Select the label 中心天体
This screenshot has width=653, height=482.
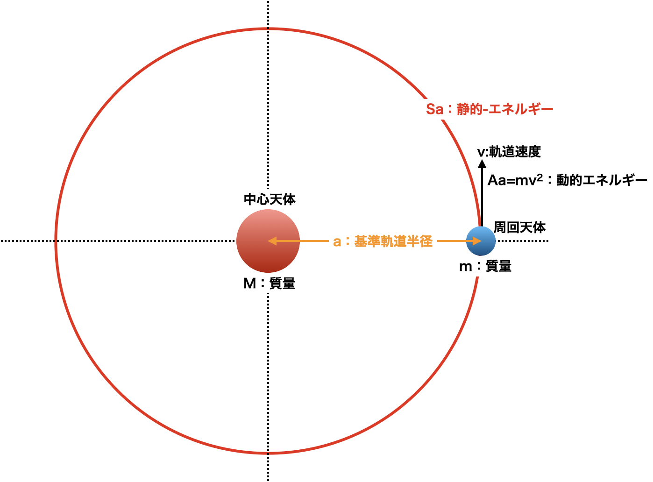tap(270, 199)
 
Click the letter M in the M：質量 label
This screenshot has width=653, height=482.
tap(249, 284)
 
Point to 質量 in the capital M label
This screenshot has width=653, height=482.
tap(282, 284)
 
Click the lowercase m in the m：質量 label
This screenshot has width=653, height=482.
tap(466, 266)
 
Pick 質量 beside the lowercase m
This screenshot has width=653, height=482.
tap(498, 266)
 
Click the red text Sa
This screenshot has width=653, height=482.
tap(434, 109)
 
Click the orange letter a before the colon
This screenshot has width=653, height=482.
tap(337, 241)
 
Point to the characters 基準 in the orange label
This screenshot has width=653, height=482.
tap(367, 241)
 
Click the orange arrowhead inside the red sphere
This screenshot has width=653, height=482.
tap(272, 241)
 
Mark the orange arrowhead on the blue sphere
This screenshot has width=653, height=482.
tap(477, 241)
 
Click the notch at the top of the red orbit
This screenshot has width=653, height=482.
tap(268, 28)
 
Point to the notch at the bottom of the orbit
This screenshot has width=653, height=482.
tap(268, 453)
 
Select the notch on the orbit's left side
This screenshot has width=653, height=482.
tap(56, 241)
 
